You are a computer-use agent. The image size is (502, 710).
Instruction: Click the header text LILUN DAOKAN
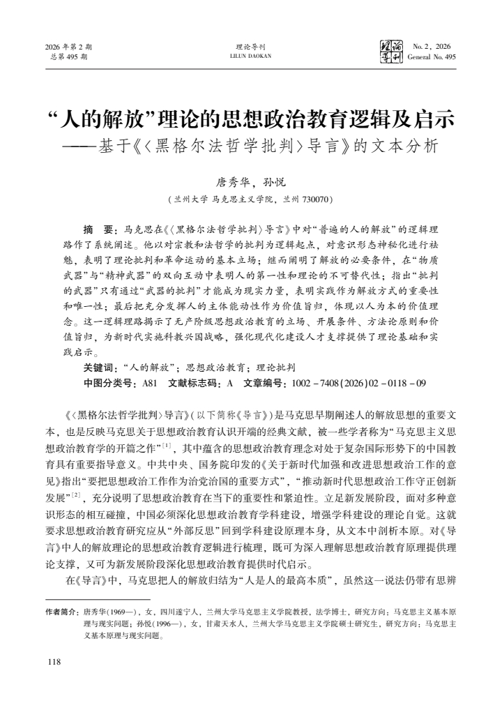click(x=251, y=56)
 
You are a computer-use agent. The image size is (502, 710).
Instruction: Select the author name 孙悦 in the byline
click(x=274, y=183)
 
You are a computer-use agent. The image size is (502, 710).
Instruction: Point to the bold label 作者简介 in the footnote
click(x=62, y=611)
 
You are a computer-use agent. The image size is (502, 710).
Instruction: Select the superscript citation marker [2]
click(x=77, y=494)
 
